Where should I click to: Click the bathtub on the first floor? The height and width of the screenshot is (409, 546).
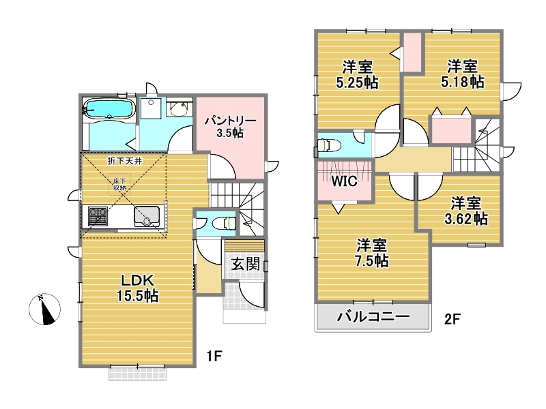(x=109, y=109)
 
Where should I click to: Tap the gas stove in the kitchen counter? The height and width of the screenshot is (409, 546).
(x=98, y=216)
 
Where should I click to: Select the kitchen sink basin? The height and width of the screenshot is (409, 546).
(x=147, y=217)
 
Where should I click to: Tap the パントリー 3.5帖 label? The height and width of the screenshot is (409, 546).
(x=230, y=127)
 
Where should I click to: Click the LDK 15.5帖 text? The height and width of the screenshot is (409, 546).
(x=137, y=288)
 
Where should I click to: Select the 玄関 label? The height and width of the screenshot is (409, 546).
(x=246, y=264)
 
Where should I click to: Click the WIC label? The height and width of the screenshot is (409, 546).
(x=345, y=181)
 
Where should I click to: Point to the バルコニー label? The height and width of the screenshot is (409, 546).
(x=373, y=316)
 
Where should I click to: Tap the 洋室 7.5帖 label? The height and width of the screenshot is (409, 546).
(x=371, y=253)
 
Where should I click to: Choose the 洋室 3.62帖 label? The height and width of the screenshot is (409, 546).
(x=466, y=211)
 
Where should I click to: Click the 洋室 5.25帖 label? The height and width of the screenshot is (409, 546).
(x=357, y=74)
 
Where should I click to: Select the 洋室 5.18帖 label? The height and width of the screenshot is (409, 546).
(x=463, y=74)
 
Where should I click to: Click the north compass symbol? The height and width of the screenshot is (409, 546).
(x=44, y=309)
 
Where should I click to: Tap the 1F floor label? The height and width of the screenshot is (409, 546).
(x=214, y=356)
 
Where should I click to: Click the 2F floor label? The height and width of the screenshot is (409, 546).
(x=452, y=319)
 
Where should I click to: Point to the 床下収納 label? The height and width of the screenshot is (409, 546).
(x=120, y=184)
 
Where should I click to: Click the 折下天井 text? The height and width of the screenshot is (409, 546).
(x=125, y=161)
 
